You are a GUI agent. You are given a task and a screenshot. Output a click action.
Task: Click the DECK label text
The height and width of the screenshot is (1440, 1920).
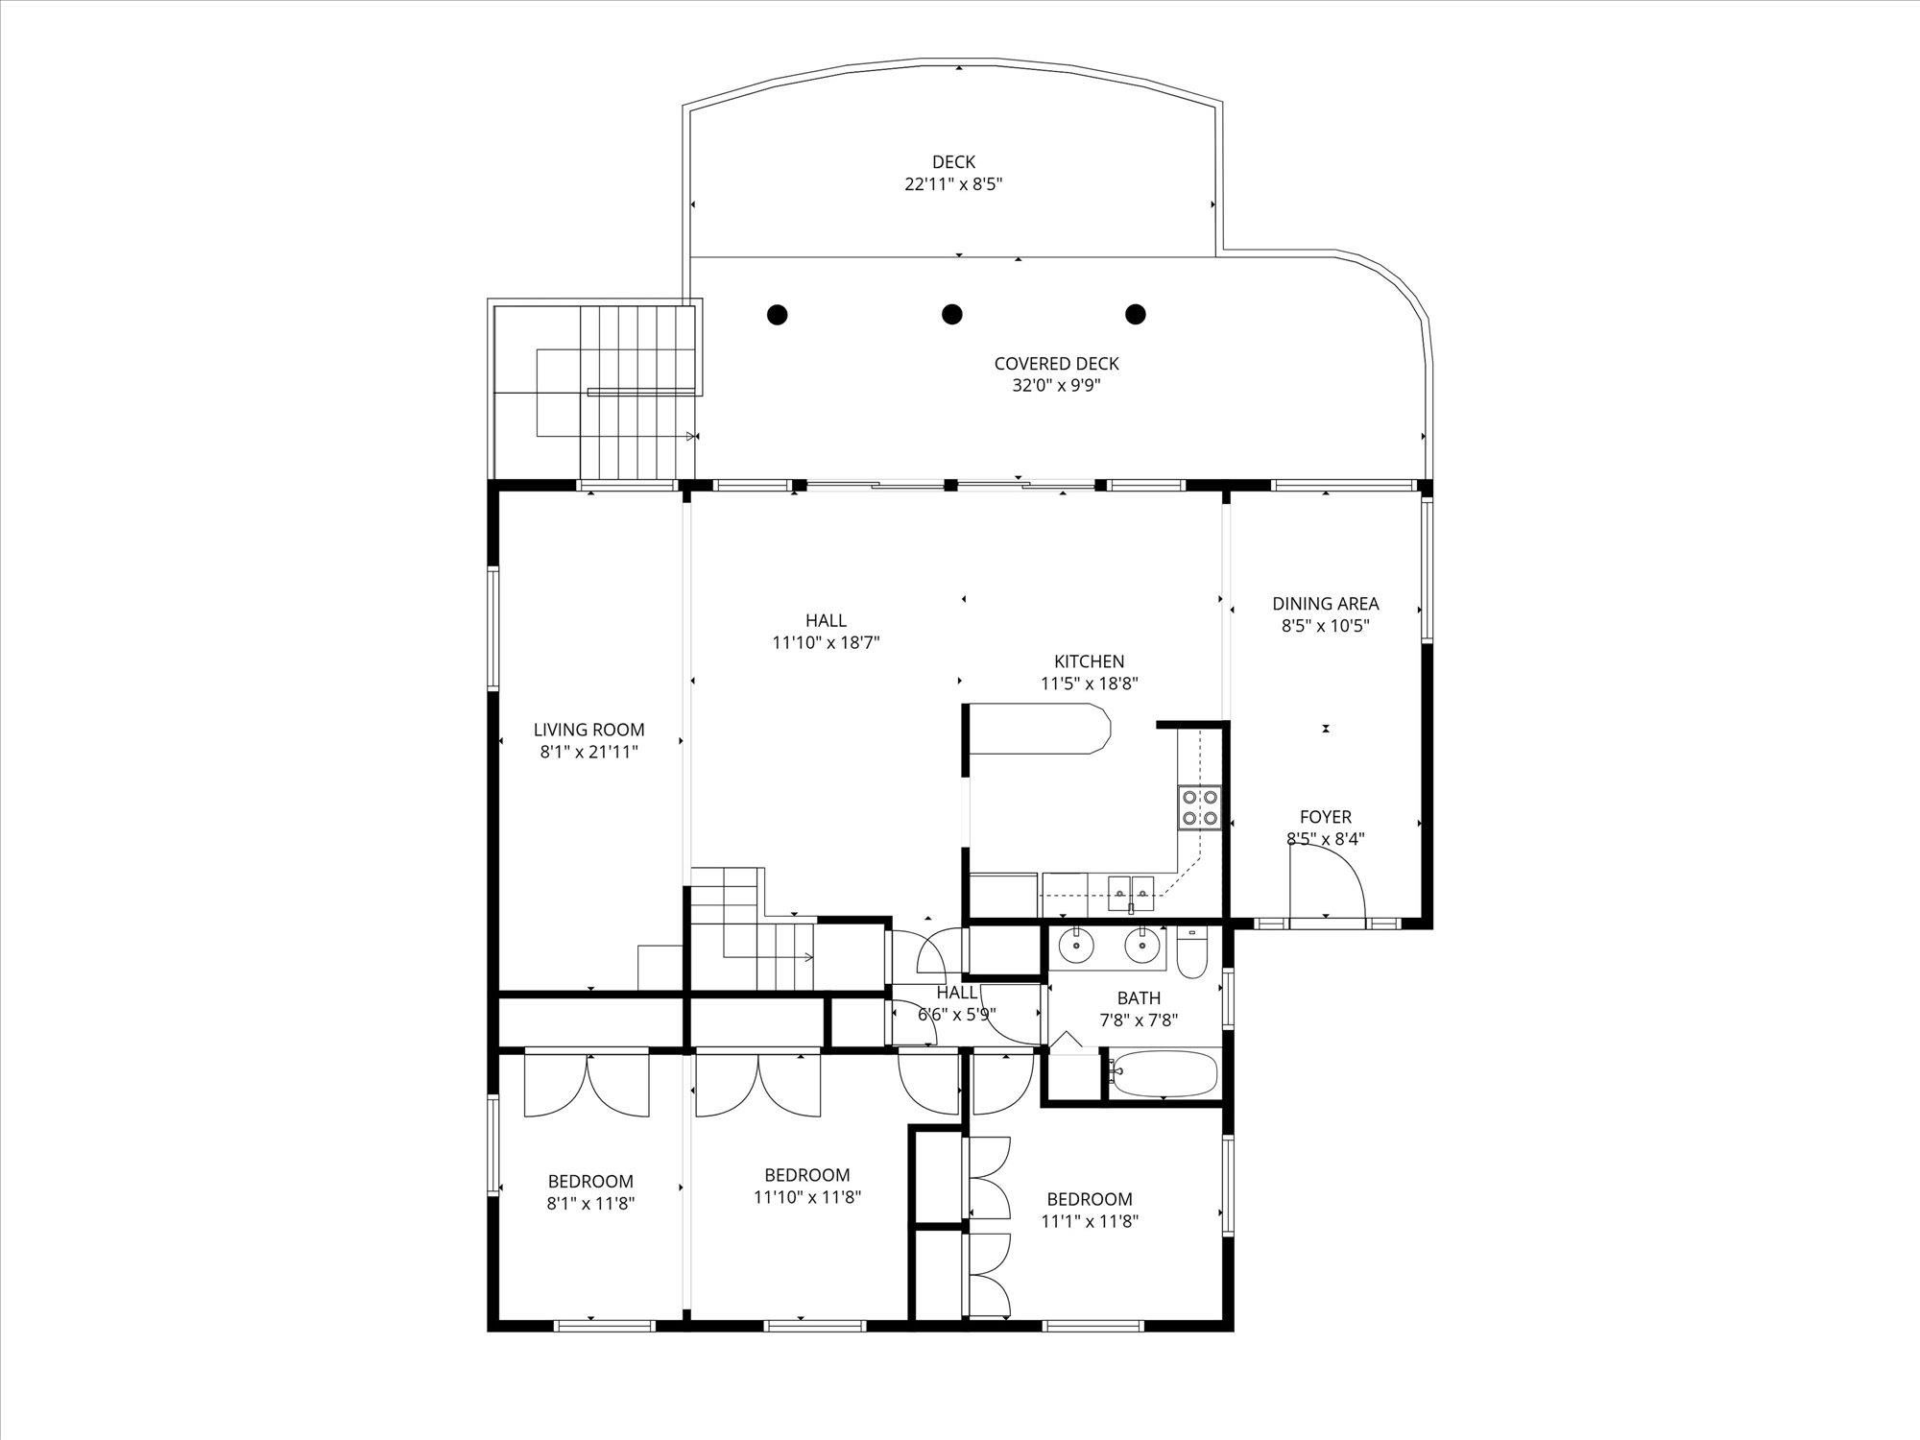[953, 162]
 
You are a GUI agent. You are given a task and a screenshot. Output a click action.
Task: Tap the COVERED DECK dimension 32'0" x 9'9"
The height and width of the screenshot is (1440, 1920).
[1056, 386]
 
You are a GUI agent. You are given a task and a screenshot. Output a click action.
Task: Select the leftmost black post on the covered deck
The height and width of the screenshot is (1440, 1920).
[778, 314]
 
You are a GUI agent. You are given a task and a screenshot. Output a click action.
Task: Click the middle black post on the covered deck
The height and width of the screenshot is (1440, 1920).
[951, 314]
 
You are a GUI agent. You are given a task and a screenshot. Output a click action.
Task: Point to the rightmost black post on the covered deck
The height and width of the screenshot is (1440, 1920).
[1136, 314]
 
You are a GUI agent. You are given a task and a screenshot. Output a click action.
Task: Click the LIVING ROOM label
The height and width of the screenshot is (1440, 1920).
[588, 730]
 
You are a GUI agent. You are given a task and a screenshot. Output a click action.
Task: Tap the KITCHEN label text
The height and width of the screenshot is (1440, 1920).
[1089, 661]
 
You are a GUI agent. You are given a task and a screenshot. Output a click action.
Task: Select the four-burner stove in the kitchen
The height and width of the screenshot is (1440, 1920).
[1199, 807]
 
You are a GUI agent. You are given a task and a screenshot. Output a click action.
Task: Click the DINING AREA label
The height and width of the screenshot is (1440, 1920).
[1325, 604]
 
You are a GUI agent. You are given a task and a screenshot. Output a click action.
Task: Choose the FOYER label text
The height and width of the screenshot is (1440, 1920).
[1325, 817]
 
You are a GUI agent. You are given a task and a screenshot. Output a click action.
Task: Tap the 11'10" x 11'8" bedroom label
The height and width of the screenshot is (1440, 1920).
[806, 1186]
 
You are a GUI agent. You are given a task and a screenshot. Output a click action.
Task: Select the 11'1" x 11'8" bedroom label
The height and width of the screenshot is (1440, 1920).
[1089, 1210]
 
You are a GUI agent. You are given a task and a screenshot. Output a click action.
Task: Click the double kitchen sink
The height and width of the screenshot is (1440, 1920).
[1132, 888]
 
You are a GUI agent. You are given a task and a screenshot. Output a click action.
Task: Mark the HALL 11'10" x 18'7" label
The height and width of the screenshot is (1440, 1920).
[826, 632]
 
